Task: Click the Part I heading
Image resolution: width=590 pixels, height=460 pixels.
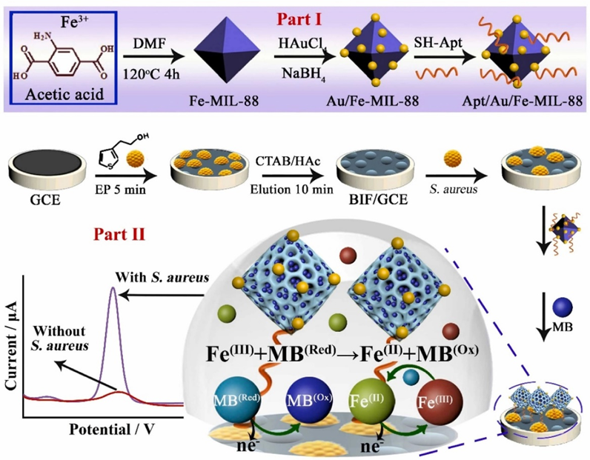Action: [296, 15]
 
